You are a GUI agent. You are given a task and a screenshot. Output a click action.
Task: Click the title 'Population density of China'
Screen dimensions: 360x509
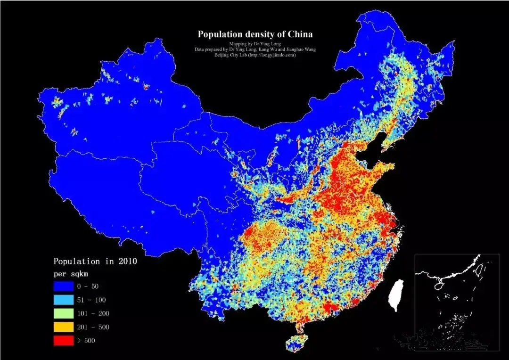(x=255, y=34)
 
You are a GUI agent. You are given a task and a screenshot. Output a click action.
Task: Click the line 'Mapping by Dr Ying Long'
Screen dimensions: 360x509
(x=255, y=43)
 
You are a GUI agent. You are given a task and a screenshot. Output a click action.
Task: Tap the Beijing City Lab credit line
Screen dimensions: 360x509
(x=255, y=55)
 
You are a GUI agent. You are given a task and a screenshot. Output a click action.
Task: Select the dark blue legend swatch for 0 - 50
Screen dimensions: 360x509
(x=64, y=286)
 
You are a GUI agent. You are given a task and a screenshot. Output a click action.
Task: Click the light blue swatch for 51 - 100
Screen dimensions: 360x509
(x=64, y=300)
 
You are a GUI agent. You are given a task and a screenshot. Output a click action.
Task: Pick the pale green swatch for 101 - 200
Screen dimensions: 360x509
(x=64, y=313)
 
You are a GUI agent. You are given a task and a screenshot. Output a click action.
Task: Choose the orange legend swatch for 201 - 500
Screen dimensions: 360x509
(x=64, y=327)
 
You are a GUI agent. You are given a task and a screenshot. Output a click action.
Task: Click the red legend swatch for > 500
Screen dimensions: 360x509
(x=64, y=340)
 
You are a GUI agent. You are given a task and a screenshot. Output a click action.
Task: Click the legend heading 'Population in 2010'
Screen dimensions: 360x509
(x=95, y=261)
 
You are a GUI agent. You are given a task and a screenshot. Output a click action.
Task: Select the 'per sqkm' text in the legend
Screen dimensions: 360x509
(x=71, y=273)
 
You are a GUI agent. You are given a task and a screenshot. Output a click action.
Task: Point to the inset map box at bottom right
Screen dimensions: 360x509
(x=457, y=302)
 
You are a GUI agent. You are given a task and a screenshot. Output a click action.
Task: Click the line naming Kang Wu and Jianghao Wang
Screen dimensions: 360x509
(x=255, y=49)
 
